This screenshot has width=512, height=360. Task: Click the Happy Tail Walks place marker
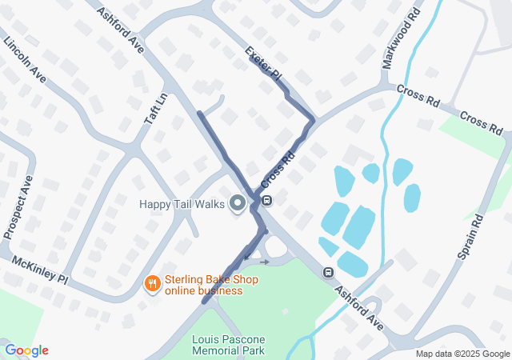[237, 204]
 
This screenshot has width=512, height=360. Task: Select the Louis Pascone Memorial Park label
[228, 345]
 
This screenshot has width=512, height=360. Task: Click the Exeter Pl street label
[263, 61]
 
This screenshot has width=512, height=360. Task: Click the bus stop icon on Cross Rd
[266, 200]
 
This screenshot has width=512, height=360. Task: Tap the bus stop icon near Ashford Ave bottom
[328, 272]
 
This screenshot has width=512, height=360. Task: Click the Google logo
[26, 350]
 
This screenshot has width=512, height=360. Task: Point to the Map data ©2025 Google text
[462, 354]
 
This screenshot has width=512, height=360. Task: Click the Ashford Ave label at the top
[119, 31]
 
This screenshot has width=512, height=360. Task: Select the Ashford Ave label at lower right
[359, 308]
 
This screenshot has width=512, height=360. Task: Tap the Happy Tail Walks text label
[182, 204]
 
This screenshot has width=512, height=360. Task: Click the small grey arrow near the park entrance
[265, 262]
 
